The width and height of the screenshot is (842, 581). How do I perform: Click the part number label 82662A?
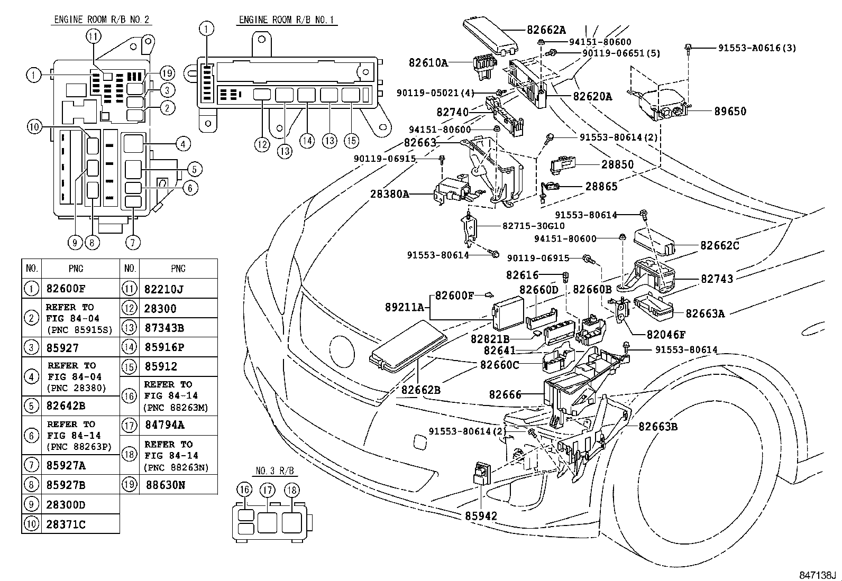click(546, 30)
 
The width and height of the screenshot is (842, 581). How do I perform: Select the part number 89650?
click(730, 112)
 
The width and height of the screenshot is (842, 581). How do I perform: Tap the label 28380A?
click(390, 194)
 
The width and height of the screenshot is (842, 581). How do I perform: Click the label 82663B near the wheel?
click(657, 427)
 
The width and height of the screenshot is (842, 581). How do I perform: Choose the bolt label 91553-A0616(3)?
click(757, 48)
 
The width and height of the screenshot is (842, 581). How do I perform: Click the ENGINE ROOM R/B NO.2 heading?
click(102, 20)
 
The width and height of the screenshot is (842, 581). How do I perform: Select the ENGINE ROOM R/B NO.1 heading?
click(288, 20)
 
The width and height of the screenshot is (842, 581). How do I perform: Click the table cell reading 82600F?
click(66, 289)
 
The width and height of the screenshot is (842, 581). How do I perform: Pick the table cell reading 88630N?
click(164, 484)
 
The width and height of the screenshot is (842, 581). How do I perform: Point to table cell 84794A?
click(164, 425)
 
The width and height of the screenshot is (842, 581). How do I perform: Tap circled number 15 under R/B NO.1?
click(351, 140)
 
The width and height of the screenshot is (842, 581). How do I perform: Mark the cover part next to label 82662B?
click(407, 346)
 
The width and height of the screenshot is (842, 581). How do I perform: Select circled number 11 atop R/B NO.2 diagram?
click(93, 36)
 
